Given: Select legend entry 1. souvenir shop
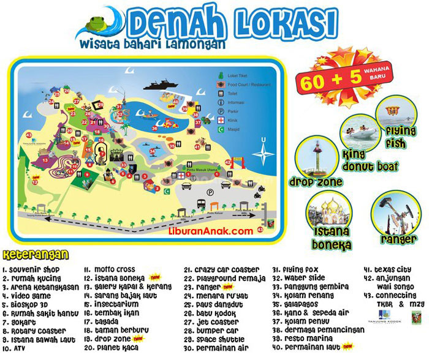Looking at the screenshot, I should coord(37,269).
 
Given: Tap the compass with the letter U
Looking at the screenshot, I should coord(263,151).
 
